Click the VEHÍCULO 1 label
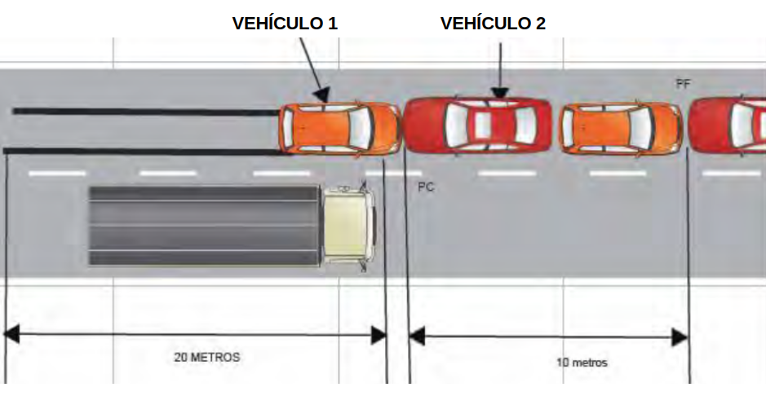[285, 24]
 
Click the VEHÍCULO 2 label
[493, 24]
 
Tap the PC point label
[425, 187]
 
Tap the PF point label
[684, 83]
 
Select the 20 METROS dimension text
[207, 357]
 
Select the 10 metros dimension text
[582, 363]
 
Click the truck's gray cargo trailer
[203, 225]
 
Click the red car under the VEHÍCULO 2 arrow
[479, 126]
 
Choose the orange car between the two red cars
[620, 127]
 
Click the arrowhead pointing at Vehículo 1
[323, 95]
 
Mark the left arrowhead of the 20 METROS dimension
[11, 334]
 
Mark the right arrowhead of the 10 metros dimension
[680, 336]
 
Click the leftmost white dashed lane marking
[56, 173]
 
